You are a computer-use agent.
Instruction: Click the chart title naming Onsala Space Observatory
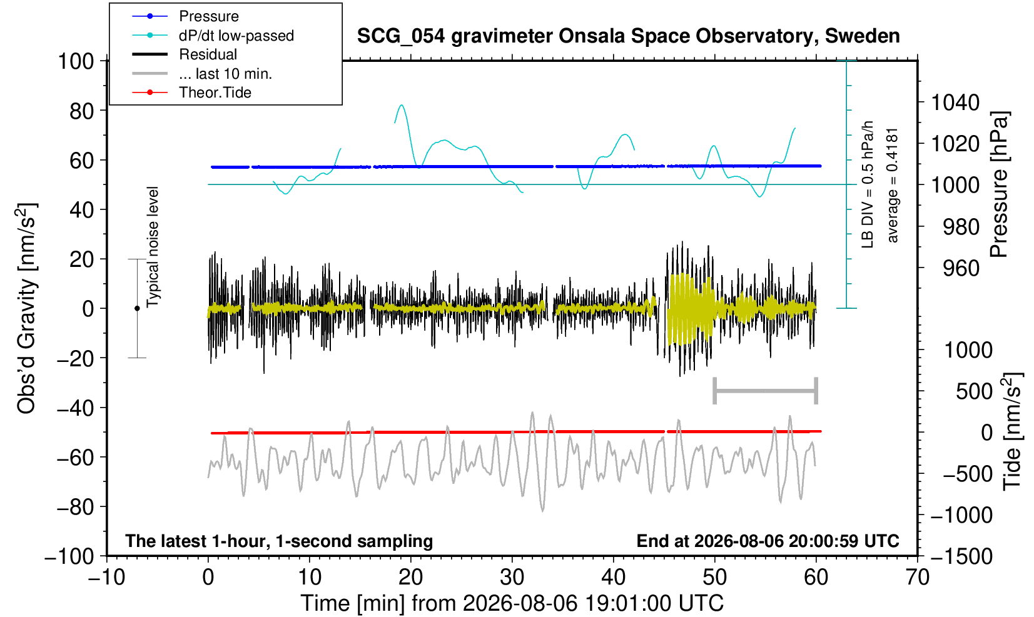(x=628, y=36)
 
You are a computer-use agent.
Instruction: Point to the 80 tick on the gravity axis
(x=82, y=111)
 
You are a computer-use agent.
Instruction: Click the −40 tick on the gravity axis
(x=75, y=408)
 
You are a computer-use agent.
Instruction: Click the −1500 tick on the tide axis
(x=961, y=556)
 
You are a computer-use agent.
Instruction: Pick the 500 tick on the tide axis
(x=974, y=392)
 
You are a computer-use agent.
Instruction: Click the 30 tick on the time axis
(x=512, y=578)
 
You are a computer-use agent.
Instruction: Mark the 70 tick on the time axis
(x=917, y=578)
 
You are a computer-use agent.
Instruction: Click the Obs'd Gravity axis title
(x=26, y=308)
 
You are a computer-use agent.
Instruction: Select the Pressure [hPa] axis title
(x=999, y=184)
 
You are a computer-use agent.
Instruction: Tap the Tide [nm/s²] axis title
(x=1012, y=432)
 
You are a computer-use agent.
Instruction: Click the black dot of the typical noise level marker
(x=137, y=308)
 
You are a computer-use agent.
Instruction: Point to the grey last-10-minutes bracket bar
(x=766, y=391)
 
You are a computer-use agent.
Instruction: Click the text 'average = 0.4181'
(x=893, y=185)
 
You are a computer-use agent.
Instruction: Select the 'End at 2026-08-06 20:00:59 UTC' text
(x=768, y=541)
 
